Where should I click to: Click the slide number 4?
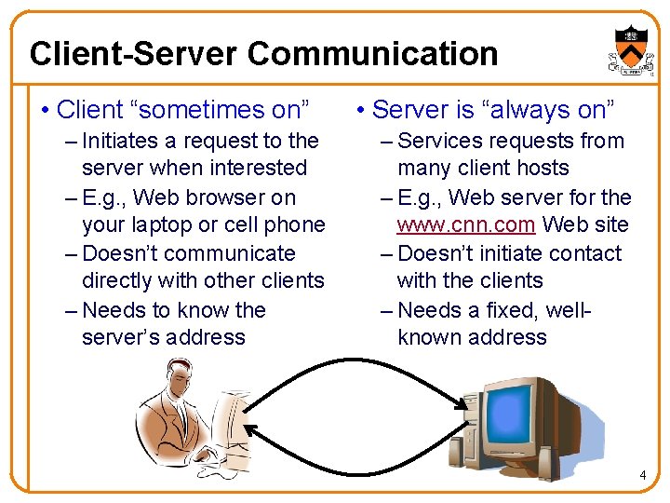642,476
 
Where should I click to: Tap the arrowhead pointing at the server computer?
462,401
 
